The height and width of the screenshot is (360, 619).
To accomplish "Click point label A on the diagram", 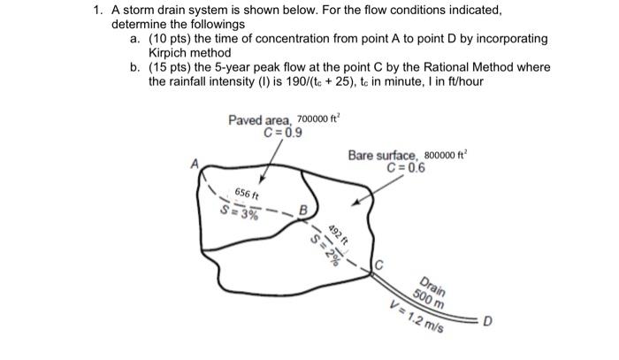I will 195,163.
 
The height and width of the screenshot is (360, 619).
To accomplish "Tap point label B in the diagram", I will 302,211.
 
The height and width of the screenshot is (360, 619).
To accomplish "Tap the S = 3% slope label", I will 240,212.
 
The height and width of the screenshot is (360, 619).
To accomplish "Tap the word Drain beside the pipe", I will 432,288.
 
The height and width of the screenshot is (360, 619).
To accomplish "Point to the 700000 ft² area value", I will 325,119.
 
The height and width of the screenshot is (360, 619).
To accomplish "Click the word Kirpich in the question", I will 144,53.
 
